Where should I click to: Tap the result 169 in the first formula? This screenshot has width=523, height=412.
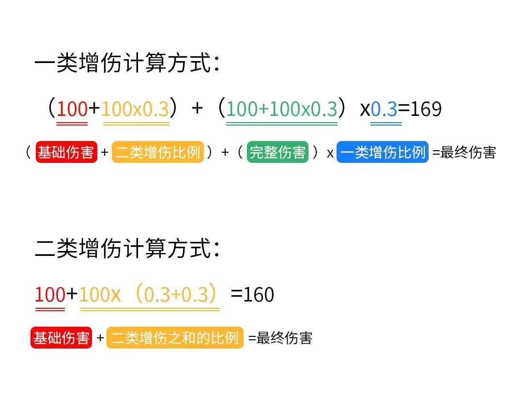coord(426,109)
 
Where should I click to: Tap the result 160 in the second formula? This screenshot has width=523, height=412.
coord(259,295)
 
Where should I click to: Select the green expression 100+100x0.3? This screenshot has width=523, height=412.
coord(282,109)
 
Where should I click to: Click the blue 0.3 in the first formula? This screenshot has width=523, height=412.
coord(384,109)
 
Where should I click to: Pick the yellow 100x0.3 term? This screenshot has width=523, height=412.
coord(136,109)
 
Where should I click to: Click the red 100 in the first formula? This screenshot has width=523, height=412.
coord(72,109)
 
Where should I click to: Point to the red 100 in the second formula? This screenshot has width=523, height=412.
coord(50,295)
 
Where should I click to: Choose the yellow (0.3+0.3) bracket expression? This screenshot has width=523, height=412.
coord(176,294)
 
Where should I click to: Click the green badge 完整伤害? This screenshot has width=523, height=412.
coord(277,152)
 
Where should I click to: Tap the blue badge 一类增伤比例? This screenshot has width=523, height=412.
coord(383,152)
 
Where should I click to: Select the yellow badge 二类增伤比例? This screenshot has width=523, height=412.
coord(158,152)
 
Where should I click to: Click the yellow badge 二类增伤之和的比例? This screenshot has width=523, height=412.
coord(175,337)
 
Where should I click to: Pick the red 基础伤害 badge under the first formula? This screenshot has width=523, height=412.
coord(66,152)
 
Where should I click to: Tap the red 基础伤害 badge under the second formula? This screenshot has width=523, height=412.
coord(61,337)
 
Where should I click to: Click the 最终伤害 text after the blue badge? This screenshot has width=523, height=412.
coord(468,153)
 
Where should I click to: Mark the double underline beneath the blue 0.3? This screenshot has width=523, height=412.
coord(386,124)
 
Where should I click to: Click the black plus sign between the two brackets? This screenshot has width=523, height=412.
coord(197,108)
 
